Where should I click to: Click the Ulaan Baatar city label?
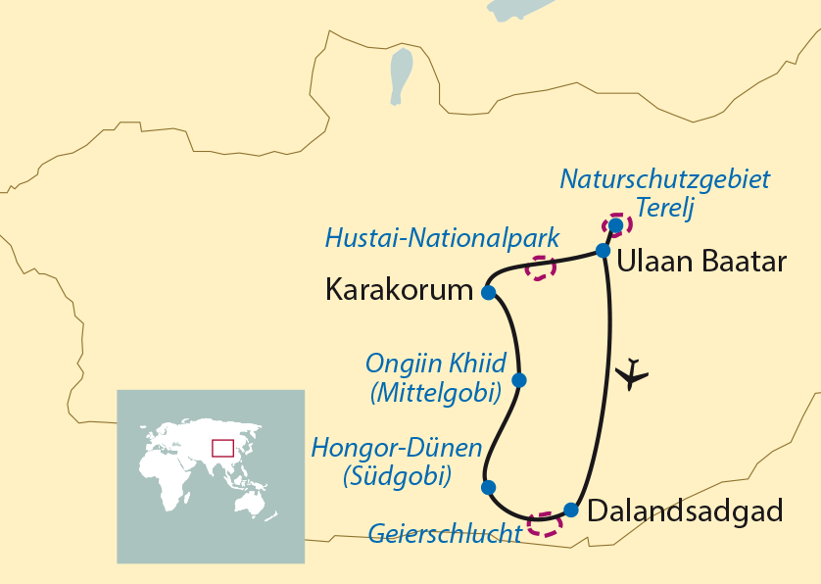[701, 263]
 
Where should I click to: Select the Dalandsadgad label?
[686, 511]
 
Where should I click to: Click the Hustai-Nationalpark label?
[441, 237]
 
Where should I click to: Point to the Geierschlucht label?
[445, 534]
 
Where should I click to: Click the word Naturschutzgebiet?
[664, 179]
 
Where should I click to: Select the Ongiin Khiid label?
[436, 365]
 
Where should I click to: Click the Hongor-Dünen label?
[396, 449]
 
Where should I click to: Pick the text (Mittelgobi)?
[436, 393]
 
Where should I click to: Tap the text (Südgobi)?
[396, 477]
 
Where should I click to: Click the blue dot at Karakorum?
[488, 292]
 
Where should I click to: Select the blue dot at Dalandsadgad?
[571, 510]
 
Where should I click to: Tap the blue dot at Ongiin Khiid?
[519, 380]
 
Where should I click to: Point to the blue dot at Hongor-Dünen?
[488, 487]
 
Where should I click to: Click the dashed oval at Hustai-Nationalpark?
[540, 267]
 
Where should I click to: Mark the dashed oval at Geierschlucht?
[545, 523]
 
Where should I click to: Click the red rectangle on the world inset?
[223, 448]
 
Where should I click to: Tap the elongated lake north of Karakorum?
[401, 75]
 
